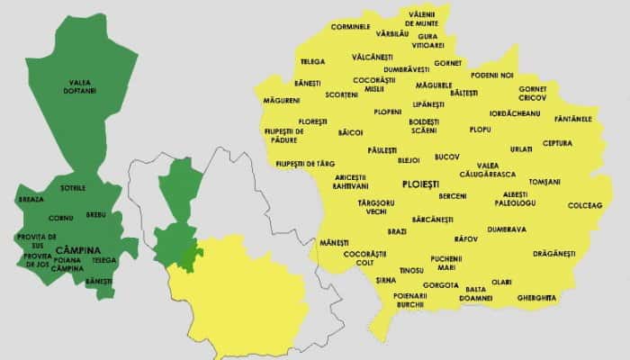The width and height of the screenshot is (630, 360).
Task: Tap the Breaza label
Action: click(31, 199)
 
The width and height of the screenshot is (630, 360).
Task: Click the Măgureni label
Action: click(282, 100)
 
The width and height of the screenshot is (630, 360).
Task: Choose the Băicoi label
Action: click(350, 132)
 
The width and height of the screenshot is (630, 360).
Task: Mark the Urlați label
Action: click(521, 148)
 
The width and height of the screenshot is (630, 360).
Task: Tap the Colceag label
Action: click(585, 205)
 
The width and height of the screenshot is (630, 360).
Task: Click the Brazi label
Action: click(397, 231)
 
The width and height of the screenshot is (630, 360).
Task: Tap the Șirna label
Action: click(386, 281)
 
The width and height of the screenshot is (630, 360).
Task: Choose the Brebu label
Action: click(95, 215)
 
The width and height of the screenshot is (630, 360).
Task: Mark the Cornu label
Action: click(61, 218)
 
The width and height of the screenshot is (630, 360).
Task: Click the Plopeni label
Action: click(388, 112)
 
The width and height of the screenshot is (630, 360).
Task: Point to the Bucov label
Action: click(447, 156)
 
